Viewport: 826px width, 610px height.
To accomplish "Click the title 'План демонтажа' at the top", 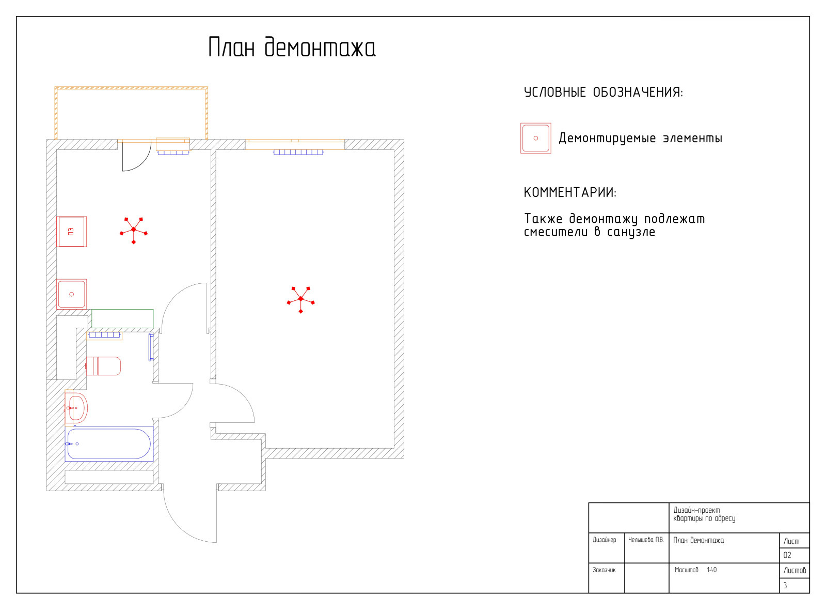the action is pyautogui.click(x=292, y=47).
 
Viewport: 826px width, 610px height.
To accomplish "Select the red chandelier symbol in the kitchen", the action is pyautogui.click(x=134, y=230).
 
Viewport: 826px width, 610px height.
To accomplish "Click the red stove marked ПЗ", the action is pyautogui.click(x=72, y=232).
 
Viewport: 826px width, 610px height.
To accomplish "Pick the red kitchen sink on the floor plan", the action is pyautogui.click(x=72, y=294).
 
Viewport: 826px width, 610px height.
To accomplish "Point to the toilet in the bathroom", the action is pyautogui.click(x=103, y=366).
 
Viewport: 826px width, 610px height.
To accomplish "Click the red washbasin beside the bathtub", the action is pyautogui.click(x=76, y=408).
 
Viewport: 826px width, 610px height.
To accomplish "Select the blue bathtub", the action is pyautogui.click(x=109, y=444).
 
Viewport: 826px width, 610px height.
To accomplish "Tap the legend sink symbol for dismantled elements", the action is pyautogui.click(x=536, y=138).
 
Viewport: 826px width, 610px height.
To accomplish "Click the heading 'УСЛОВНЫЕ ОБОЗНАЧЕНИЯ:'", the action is pyautogui.click(x=603, y=93).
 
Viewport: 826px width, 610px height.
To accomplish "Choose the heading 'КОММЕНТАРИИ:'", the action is pyautogui.click(x=570, y=192).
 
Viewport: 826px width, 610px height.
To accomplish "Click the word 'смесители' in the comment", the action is pyautogui.click(x=555, y=232).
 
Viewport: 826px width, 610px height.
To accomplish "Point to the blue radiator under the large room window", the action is pyautogui.click(x=298, y=152).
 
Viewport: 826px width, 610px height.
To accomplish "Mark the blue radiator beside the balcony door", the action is pyautogui.click(x=173, y=152).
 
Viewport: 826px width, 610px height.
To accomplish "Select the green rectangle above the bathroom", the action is pyautogui.click(x=122, y=318).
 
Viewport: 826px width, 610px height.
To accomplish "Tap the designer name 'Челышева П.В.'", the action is pyautogui.click(x=646, y=540).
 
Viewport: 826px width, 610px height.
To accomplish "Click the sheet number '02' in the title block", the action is pyautogui.click(x=787, y=555).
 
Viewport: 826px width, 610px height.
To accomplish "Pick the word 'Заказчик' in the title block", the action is pyautogui.click(x=604, y=570).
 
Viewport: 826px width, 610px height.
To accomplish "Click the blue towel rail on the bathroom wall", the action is pyautogui.click(x=151, y=347).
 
